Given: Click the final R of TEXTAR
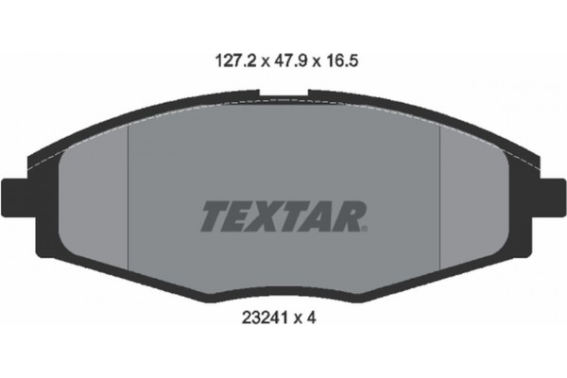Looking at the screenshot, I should [x=348, y=216].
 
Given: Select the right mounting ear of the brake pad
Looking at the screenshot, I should [x=553, y=198].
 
